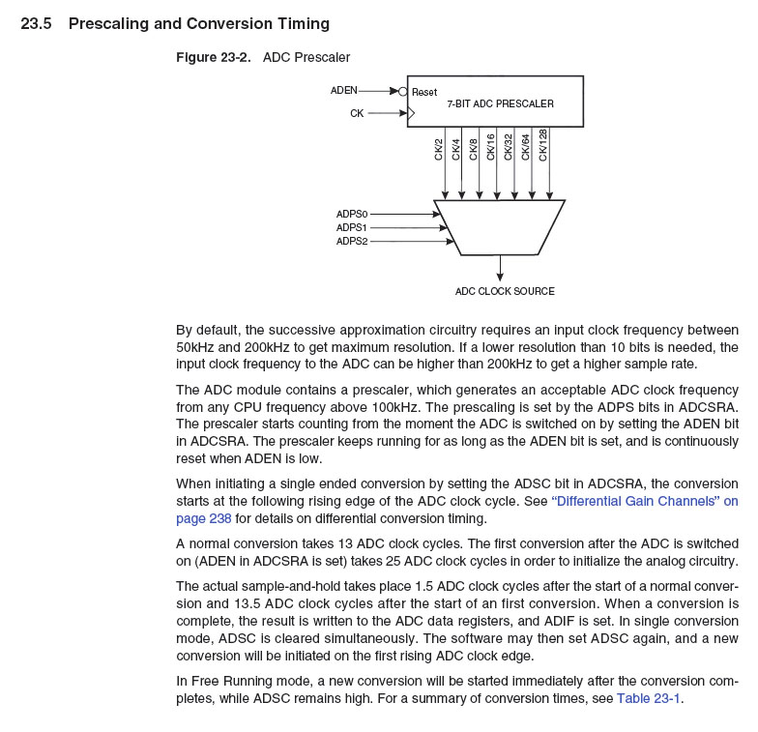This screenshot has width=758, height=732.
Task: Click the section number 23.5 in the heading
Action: [36, 23]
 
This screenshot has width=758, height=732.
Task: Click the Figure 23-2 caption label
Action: [213, 58]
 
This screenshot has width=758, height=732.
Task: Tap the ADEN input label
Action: [343, 91]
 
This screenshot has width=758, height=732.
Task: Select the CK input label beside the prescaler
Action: [357, 113]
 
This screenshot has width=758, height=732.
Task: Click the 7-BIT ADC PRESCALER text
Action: [500, 103]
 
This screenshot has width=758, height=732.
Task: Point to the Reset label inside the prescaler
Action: [424, 93]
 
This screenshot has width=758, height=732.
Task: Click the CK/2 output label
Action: [439, 149]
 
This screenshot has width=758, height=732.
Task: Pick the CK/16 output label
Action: [490, 147]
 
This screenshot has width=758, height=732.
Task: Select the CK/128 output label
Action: [542, 145]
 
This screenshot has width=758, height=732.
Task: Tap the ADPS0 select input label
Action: [352, 214]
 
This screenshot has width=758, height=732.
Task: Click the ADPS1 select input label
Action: [352, 227]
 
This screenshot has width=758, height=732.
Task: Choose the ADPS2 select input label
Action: [352, 241]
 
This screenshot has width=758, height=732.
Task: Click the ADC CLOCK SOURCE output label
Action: [505, 291]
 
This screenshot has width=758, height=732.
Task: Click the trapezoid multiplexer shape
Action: [499, 227]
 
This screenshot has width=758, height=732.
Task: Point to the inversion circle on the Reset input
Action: [402, 92]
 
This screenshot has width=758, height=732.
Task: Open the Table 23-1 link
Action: [649, 699]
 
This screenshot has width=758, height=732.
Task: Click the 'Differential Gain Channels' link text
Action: [644, 501]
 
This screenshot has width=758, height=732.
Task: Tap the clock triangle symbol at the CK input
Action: [411, 113]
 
